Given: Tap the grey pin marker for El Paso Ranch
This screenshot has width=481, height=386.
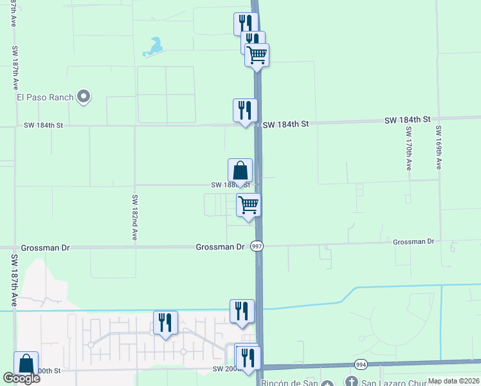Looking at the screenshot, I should [83, 97].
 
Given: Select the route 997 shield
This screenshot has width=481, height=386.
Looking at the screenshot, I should [257, 246].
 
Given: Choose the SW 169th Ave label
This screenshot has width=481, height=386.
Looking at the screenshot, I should [439, 147].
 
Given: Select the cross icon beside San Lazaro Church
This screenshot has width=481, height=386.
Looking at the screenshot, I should [352, 381].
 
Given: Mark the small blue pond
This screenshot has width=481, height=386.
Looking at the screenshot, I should [154, 46].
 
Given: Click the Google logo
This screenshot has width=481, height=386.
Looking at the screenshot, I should [21, 378].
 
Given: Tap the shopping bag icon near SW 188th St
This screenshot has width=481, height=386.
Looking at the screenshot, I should [240, 170].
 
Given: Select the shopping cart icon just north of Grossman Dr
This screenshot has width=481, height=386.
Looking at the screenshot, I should [248, 205].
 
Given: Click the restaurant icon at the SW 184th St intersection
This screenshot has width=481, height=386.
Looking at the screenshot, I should [245, 110].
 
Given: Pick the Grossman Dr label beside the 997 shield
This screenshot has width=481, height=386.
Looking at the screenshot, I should [220, 247].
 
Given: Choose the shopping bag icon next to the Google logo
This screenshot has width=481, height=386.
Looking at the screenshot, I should [26, 363].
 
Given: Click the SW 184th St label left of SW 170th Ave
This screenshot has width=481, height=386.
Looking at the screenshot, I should [407, 120].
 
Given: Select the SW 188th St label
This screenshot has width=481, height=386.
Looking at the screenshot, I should [230, 185].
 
